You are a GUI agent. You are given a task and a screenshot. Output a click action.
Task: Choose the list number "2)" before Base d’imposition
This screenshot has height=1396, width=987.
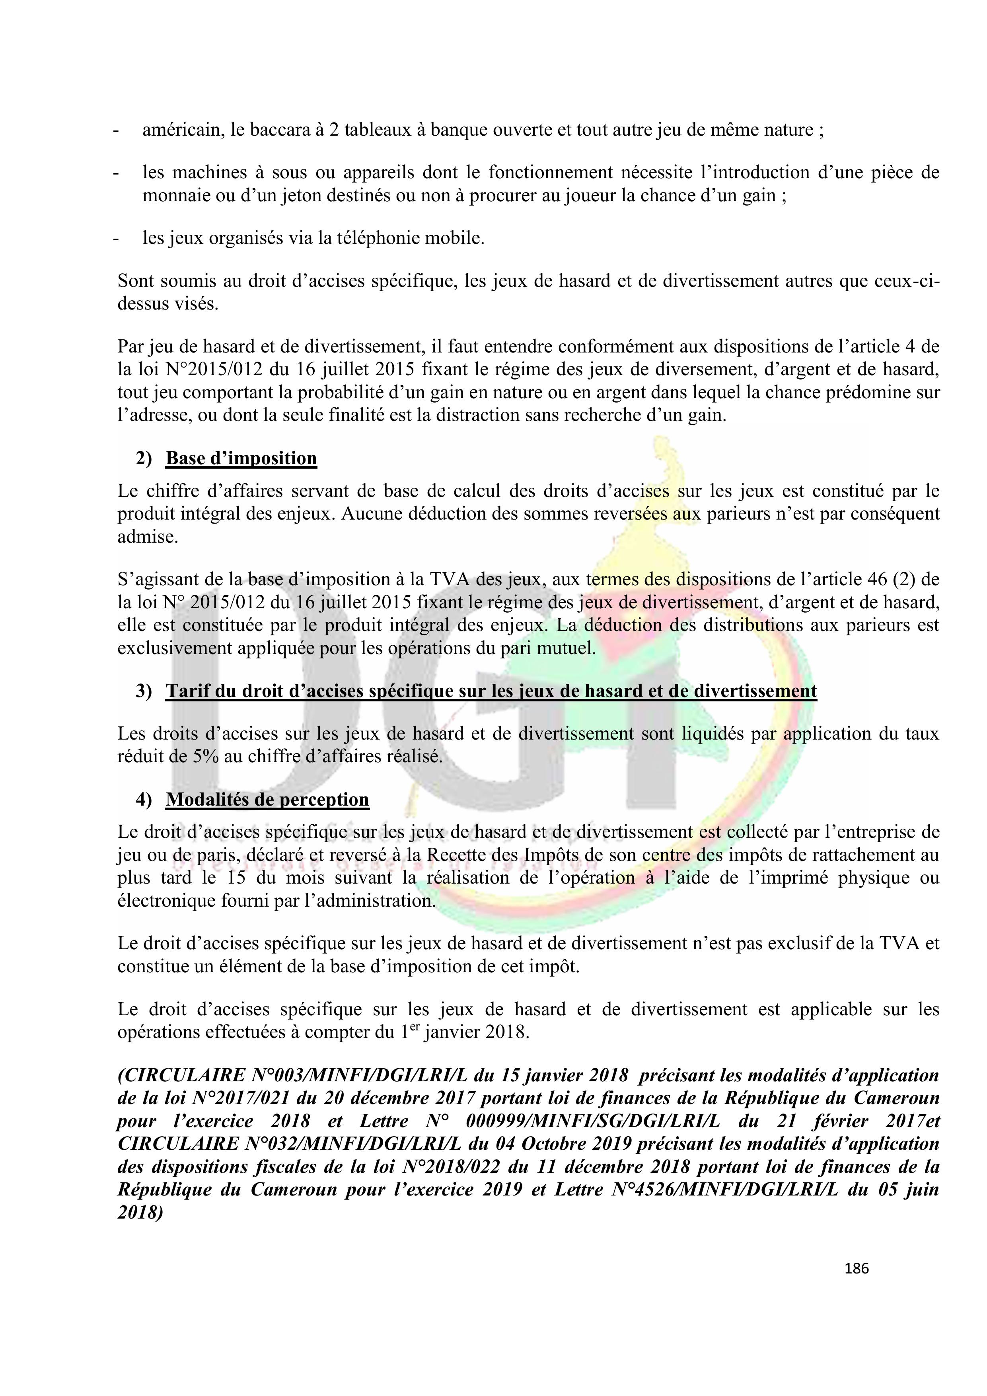tap(144, 458)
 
